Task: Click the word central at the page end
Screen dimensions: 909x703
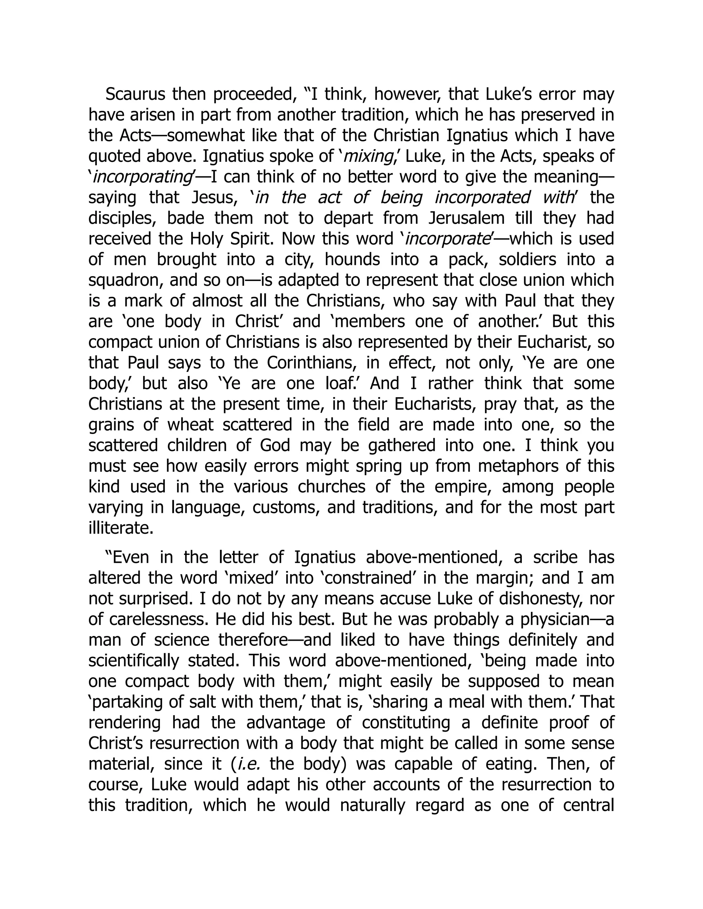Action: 588,805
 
